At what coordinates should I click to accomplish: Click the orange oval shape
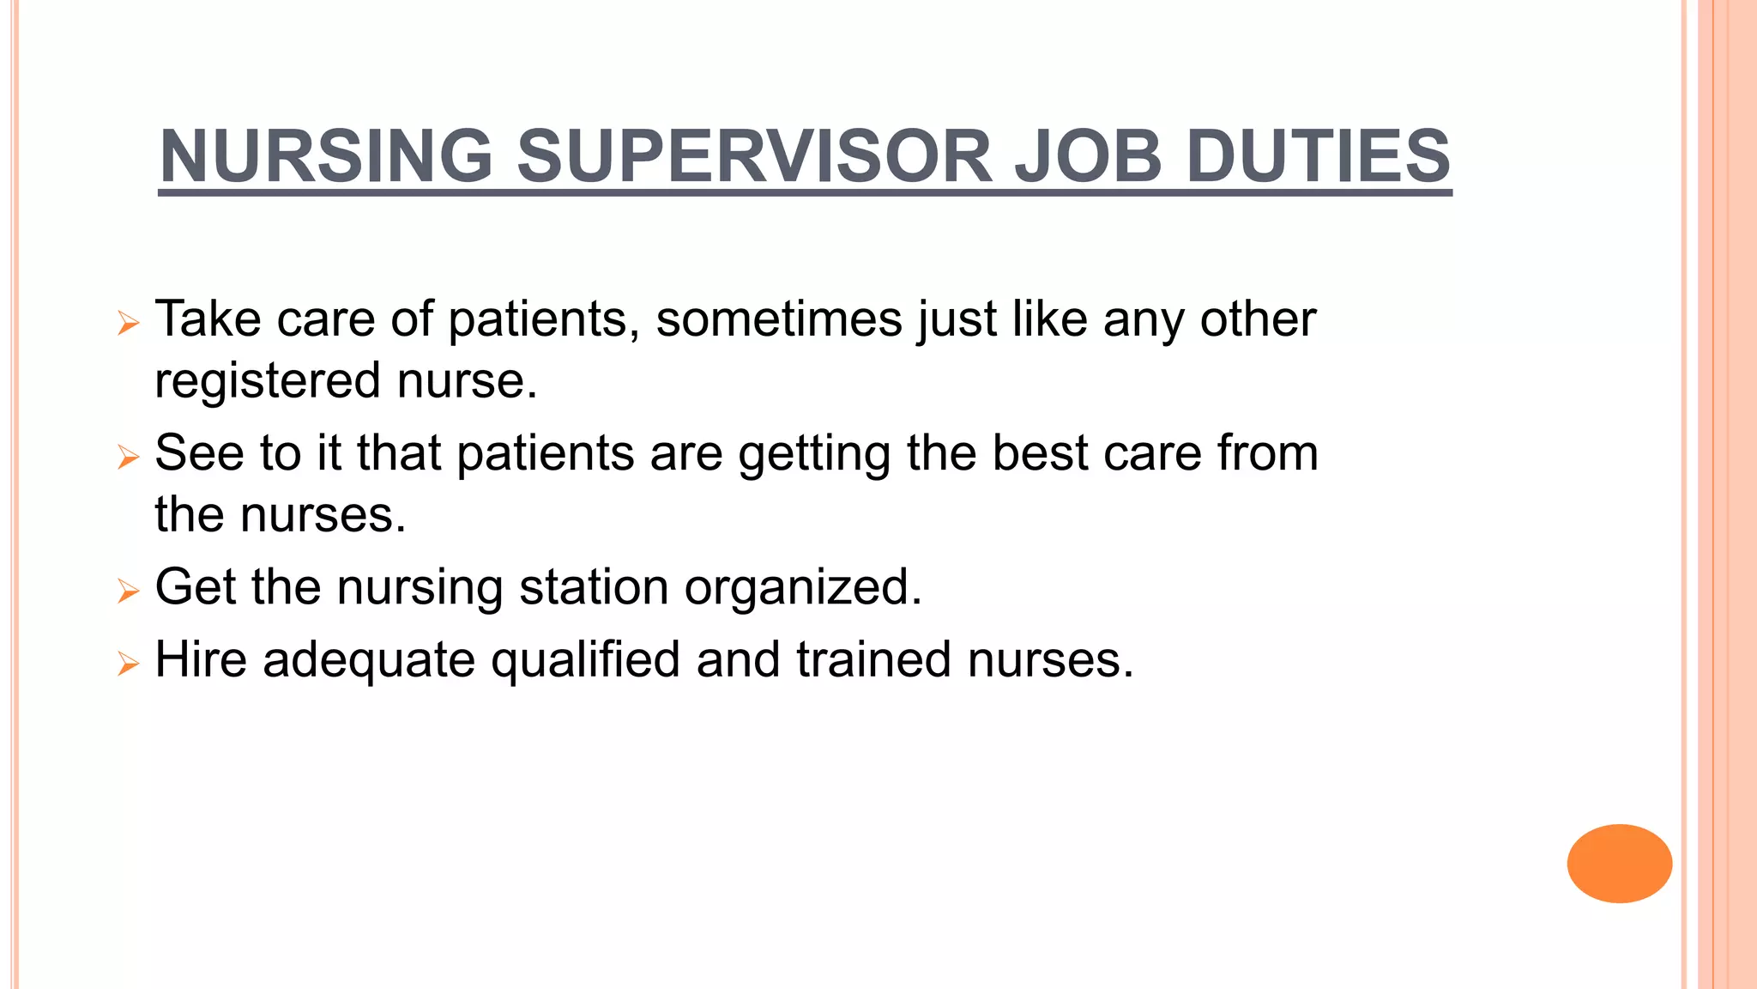click(1619, 863)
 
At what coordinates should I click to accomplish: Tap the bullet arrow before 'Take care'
click(128, 324)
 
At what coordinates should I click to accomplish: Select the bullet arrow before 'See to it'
click(128, 457)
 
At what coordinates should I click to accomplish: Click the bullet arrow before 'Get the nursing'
click(128, 591)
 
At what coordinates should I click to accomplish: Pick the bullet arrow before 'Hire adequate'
click(128, 663)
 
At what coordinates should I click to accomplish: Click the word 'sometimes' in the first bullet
click(779, 319)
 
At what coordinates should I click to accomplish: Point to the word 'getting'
click(814, 454)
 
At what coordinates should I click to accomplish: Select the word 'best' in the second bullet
click(1040, 452)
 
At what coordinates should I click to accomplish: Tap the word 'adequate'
click(369, 661)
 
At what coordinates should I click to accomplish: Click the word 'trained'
click(873, 659)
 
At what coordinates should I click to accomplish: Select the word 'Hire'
click(201, 659)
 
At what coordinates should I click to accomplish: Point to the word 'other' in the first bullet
click(1258, 319)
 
